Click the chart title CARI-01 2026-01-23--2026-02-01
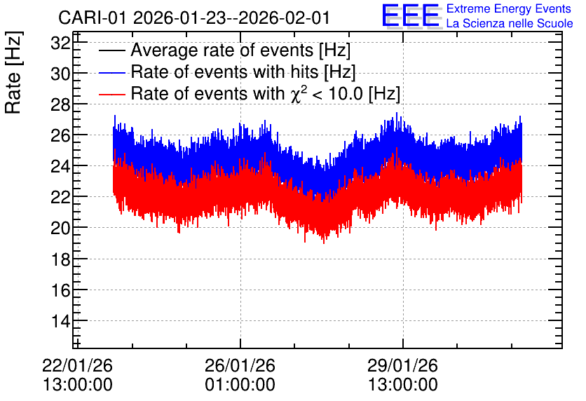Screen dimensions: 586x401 (194, 18)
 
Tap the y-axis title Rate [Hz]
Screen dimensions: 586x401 (13, 72)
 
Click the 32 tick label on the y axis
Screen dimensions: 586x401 (60, 43)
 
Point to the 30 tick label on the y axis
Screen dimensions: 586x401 (60, 74)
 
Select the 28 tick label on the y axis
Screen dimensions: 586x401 (60, 104)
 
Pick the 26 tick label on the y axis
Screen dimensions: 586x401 (60, 136)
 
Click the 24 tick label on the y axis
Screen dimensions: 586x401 (60, 166)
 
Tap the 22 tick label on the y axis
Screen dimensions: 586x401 (60, 197)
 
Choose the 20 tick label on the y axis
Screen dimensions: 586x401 (60, 228)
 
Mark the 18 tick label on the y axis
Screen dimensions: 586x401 (60, 259)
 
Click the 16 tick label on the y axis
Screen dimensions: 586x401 (60, 290)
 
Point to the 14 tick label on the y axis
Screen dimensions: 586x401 (60, 320)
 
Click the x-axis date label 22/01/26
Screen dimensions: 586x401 (77, 365)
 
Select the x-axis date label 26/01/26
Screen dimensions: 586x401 (240, 365)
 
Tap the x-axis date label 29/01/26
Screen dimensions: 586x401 (402, 365)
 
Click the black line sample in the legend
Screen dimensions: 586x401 (111, 51)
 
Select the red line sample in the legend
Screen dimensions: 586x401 (111, 94)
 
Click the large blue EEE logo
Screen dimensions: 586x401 (411, 15)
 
